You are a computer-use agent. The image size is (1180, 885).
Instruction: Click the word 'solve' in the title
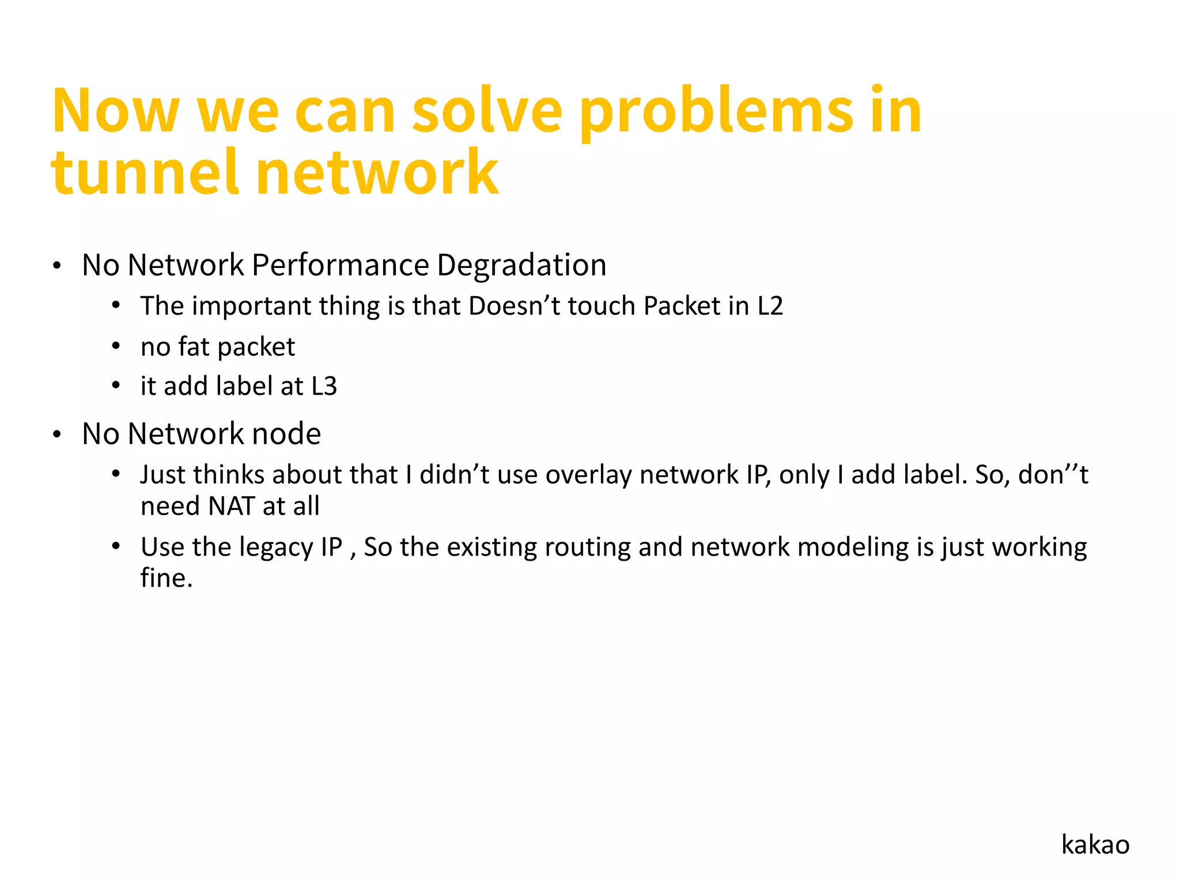click(x=487, y=111)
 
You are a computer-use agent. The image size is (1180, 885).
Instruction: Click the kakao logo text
click(x=1095, y=845)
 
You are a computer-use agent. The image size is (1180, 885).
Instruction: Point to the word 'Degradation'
click(x=521, y=266)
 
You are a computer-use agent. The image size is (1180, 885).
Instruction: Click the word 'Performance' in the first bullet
click(x=340, y=266)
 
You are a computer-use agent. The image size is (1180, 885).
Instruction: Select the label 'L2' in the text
click(x=770, y=306)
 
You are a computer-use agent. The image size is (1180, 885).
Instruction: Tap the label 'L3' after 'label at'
click(x=324, y=386)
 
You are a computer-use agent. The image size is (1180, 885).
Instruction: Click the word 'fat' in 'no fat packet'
click(x=194, y=347)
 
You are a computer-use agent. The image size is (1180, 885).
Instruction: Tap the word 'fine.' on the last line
click(x=167, y=578)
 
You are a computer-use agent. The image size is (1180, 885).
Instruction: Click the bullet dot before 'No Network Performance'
click(x=56, y=267)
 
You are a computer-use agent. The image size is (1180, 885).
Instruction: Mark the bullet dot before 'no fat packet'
click(x=116, y=346)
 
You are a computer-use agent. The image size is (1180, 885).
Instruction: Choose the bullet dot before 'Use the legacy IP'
click(x=116, y=546)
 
